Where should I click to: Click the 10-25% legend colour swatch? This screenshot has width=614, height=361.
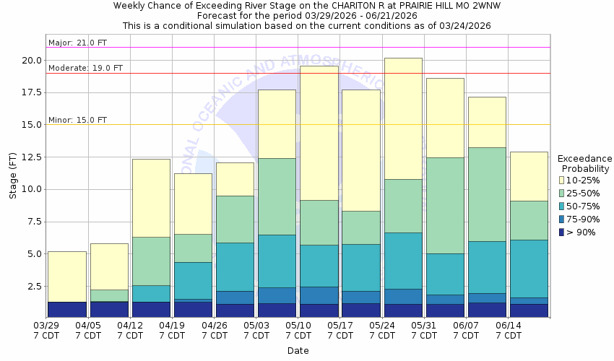(x=562, y=180)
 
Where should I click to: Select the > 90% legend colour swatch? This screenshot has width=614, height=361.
(x=562, y=232)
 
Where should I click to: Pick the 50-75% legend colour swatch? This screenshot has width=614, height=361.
(x=562, y=206)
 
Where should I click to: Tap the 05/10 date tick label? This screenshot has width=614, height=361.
(x=298, y=326)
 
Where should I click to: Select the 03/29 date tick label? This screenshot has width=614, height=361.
(x=46, y=326)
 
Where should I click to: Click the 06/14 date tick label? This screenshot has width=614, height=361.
(x=509, y=326)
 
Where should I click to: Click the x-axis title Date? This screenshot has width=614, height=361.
(x=298, y=351)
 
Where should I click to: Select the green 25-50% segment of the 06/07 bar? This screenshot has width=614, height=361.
(x=487, y=194)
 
